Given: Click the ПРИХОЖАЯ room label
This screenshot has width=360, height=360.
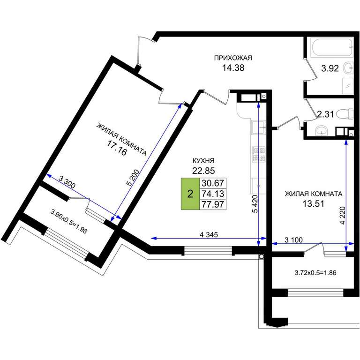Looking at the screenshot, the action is click(233, 58).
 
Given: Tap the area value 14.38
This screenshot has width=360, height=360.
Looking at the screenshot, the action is click(233, 68).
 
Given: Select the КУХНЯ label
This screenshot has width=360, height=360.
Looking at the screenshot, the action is click(203, 160).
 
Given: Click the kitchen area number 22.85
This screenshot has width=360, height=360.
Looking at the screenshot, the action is click(203, 171).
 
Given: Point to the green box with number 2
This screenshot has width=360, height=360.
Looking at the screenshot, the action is click(190, 194).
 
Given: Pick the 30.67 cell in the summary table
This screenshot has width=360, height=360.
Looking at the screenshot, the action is click(213, 183).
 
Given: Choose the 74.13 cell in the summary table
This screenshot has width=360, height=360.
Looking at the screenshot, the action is click(213, 194).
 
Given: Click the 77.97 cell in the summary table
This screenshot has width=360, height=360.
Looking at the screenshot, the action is click(213, 204).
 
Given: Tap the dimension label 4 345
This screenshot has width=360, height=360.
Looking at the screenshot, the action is click(209, 235).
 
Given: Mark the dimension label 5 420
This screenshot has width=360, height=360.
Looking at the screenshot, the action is click(255, 204).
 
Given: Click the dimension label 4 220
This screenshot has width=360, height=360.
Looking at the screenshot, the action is click(343, 215).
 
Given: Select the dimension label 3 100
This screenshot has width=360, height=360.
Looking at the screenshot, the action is click(293, 240).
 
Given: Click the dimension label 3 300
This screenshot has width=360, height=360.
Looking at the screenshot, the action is click(67, 182).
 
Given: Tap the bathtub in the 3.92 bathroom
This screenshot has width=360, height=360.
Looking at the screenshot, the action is click(330, 47).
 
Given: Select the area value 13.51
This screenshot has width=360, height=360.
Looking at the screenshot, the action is click(314, 203).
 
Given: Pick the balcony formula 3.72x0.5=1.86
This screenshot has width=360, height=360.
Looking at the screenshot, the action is click(315, 273).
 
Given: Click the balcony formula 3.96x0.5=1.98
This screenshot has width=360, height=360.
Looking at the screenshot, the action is click(69, 221).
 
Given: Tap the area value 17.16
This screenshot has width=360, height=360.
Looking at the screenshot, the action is click(117, 148).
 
